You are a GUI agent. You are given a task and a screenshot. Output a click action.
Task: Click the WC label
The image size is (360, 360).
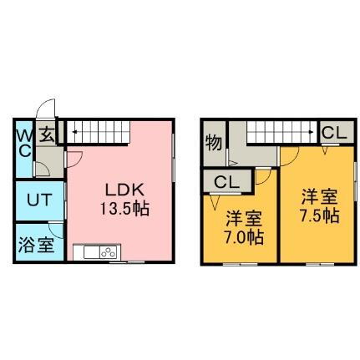tap(24, 144)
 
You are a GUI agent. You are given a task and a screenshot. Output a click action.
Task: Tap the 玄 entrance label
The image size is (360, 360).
tap(47, 135)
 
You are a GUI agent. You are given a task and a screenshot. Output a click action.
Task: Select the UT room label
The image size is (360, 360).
tap(39, 200)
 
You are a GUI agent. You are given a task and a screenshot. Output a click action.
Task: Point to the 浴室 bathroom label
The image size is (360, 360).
tap(36, 245)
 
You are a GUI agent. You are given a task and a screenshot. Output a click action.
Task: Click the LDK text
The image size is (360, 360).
tap(124, 190)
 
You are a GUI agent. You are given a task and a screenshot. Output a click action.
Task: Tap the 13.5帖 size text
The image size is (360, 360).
tap(124, 209)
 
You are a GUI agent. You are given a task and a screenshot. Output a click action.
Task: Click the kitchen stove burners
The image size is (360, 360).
tap(109, 252)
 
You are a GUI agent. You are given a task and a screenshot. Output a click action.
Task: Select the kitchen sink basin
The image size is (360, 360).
tap(92, 252)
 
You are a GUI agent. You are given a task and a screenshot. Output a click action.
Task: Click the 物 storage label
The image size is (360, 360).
tap(214, 143)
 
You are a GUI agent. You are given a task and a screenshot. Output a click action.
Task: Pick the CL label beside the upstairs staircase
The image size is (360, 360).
tap(334, 133)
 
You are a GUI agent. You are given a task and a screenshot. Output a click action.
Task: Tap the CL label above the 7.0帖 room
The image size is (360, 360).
tap(227, 182)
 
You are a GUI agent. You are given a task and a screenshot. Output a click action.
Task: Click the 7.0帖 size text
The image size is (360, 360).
tap(244, 237)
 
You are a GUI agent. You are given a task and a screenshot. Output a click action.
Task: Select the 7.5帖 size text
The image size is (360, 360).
tap(319, 215)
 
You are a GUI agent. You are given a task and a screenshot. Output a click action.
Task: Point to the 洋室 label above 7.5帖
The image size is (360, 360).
tap(320, 197)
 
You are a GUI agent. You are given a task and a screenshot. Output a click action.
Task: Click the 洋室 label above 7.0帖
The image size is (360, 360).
tap(244, 219)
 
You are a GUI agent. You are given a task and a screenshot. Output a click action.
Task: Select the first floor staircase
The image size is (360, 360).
tap(98, 132)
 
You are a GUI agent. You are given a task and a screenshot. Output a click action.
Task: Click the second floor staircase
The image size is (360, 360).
tap(282, 132)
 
